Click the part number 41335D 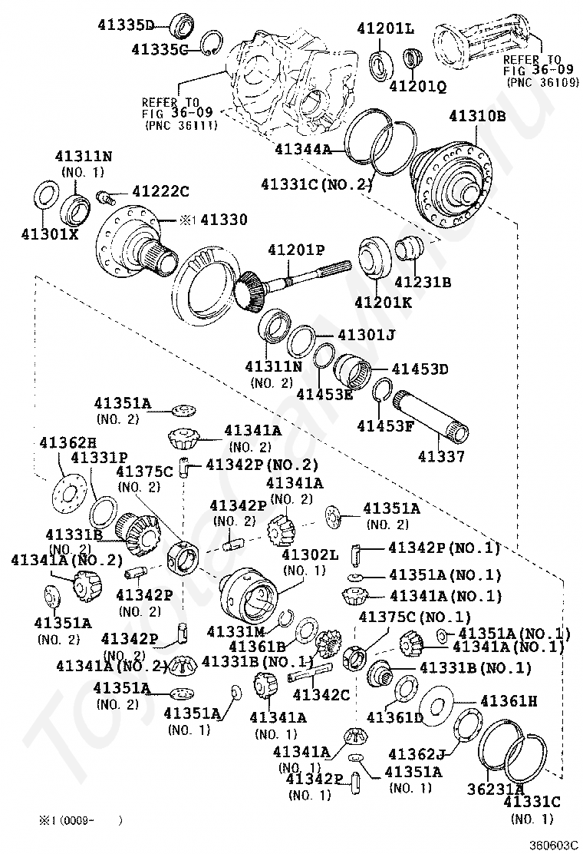126,24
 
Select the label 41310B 477,117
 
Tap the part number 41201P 296,250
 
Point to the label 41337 441,457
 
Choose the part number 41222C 160,190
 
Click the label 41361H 509,700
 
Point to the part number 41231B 423,282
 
